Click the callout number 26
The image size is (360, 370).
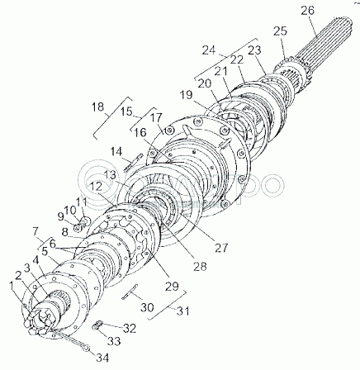pyautogui.click(x=307, y=11)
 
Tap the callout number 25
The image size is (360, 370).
pyautogui.click(x=280, y=31)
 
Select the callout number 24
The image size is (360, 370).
pyautogui.click(x=209, y=50)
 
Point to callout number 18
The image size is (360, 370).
pyautogui.click(x=98, y=107)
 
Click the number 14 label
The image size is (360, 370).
pyautogui.click(x=117, y=151)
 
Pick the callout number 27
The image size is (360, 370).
pyautogui.click(x=221, y=248)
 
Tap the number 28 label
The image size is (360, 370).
pyautogui.click(x=200, y=266)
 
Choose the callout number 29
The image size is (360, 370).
pyautogui.click(x=173, y=287)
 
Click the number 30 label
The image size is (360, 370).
pyautogui.click(x=147, y=306)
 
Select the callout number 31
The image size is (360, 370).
pyautogui.click(x=182, y=311)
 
